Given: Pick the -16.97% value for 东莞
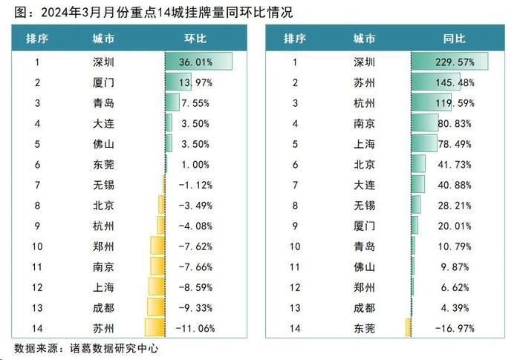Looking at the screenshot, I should [x=455, y=327].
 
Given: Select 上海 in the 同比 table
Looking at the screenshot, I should [x=364, y=143].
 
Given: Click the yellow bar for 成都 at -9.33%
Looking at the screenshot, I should [x=156, y=307].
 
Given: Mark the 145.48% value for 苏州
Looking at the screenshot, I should [x=454, y=82].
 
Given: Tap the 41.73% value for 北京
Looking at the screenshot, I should [x=455, y=164].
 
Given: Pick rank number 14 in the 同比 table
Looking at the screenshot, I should [x=295, y=327].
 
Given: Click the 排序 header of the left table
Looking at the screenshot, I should [x=38, y=39].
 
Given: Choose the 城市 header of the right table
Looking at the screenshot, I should [x=364, y=39].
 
